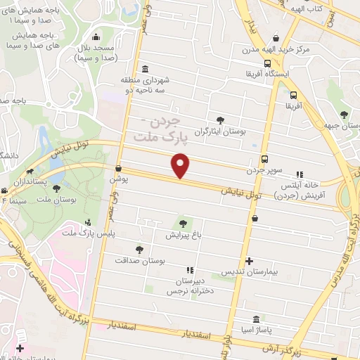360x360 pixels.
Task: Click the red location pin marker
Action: (x=181, y=166)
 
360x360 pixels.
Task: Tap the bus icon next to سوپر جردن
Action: (x=265, y=159)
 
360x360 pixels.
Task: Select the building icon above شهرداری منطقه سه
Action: (x=144, y=69)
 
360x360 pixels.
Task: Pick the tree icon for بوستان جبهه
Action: (x=343, y=113)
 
